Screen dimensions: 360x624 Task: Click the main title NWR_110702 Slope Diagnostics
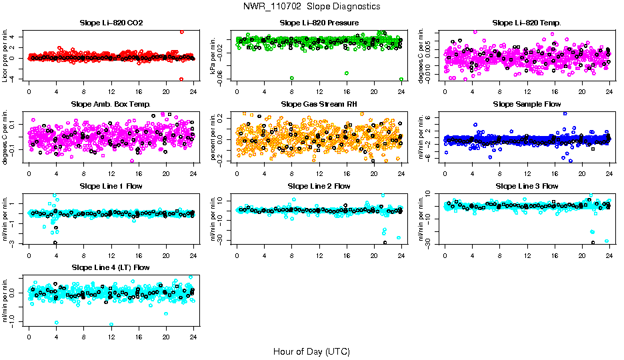coord(312,6)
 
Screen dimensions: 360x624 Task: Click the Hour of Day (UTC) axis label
coord(311,351)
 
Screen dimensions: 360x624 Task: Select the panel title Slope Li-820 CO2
coord(111,23)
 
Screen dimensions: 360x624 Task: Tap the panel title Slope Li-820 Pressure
coord(319,23)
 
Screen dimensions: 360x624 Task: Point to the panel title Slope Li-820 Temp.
coord(527,23)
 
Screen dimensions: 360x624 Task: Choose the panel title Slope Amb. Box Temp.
coord(111,105)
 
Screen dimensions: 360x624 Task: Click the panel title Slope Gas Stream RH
coord(319,105)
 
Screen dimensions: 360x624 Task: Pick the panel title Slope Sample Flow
coord(527,105)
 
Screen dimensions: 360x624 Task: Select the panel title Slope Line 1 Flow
coord(111,186)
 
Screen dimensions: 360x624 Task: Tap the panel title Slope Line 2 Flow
coord(319,186)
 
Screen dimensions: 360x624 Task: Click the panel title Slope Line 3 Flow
coord(527,186)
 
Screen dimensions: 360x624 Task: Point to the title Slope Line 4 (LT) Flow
coord(111,268)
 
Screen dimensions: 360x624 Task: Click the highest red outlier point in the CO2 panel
coord(182,32)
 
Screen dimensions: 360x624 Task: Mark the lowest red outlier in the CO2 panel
coord(181,79)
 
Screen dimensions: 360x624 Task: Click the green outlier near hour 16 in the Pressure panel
coord(346,73)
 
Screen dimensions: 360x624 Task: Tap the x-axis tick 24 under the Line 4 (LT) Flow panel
coord(193,337)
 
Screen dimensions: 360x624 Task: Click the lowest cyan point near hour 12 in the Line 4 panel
coord(111,325)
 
